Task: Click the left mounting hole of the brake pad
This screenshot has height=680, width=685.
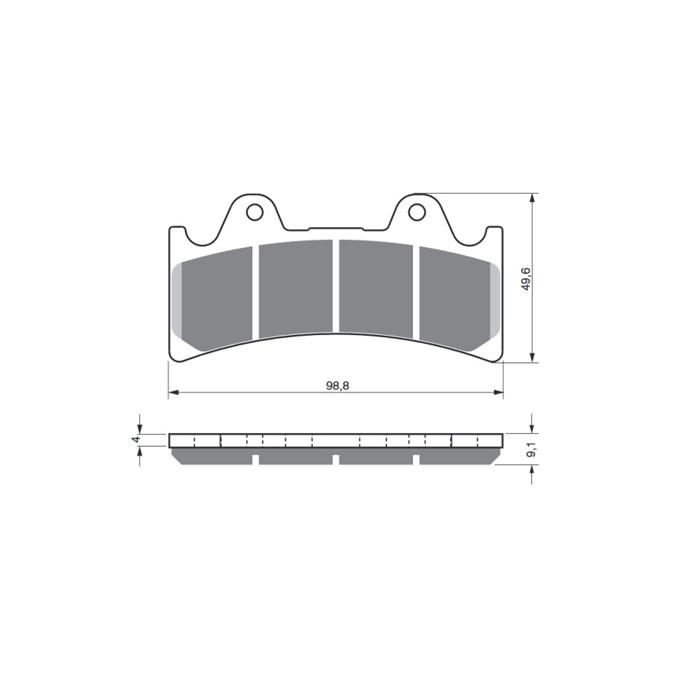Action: coord(255,212)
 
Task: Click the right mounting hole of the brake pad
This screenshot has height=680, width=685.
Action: coord(415,212)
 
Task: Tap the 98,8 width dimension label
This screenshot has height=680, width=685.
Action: coord(337,386)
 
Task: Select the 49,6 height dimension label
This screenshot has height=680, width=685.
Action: coord(526,279)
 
